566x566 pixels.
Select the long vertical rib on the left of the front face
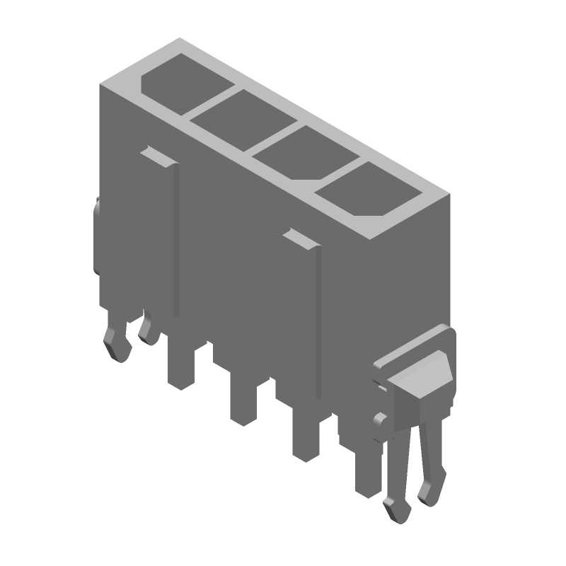pos(176,241)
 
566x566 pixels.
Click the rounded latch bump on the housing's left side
pos(96,237)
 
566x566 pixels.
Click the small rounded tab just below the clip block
pos(380,422)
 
